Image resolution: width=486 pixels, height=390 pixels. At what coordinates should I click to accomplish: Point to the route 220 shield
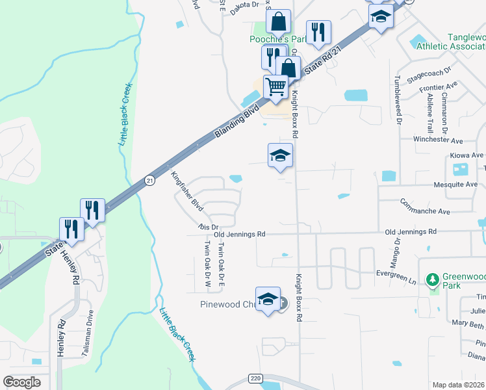(254, 378)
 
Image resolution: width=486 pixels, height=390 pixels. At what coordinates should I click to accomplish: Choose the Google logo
(21, 382)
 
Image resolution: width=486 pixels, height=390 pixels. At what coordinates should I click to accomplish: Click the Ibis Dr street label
(206, 226)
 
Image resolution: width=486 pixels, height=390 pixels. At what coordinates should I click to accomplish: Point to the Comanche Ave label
(426, 207)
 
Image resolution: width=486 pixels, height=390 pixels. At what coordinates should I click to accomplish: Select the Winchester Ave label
(439, 140)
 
